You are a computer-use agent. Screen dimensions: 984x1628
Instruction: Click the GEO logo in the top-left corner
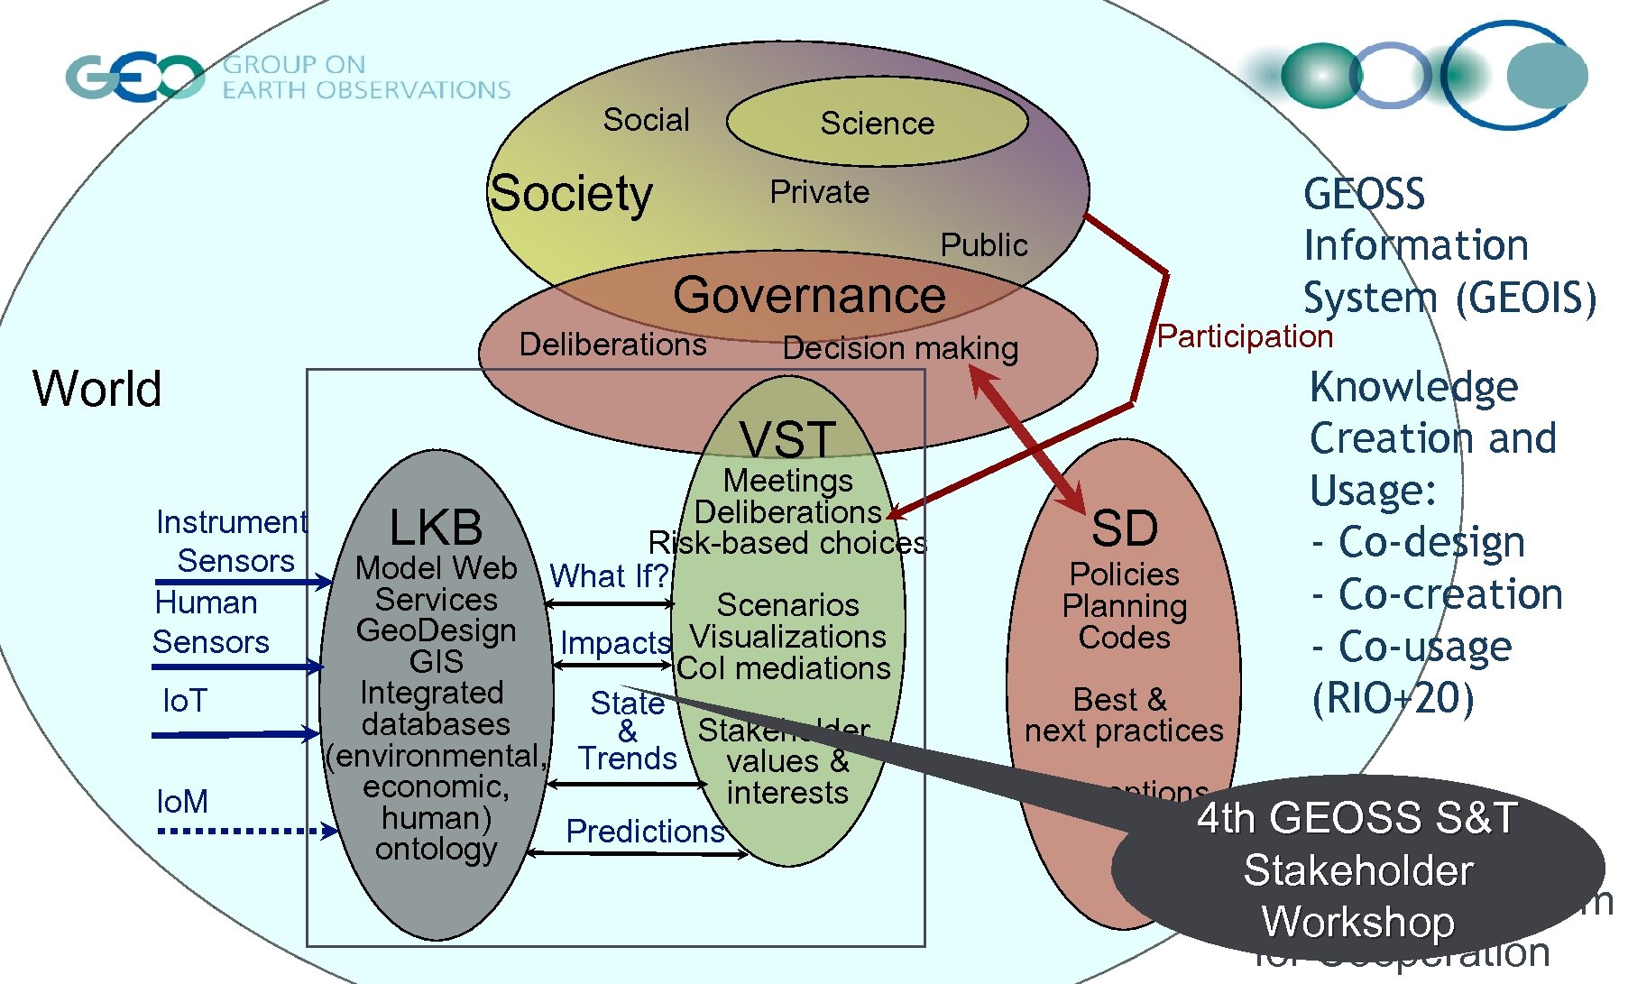(135, 77)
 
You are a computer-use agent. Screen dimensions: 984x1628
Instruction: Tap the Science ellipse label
(877, 123)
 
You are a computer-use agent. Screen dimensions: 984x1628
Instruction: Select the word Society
(571, 193)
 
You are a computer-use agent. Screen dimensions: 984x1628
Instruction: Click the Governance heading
(809, 295)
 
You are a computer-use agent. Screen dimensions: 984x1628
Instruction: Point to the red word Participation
(1245, 336)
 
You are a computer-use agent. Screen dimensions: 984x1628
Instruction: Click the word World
(97, 389)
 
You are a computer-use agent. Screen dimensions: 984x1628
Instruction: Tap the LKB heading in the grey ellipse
(436, 526)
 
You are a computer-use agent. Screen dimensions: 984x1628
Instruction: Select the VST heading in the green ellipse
(787, 440)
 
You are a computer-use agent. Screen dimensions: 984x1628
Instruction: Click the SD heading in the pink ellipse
(1124, 528)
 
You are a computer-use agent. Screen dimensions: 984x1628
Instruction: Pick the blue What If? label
(609, 575)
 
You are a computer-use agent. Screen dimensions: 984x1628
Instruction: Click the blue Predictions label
(645, 831)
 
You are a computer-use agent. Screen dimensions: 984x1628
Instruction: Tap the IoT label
(185, 701)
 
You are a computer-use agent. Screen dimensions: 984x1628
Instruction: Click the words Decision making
(900, 348)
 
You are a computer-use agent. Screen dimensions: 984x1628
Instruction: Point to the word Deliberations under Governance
(612, 344)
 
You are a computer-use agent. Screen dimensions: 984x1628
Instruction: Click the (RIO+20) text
(1393, 698)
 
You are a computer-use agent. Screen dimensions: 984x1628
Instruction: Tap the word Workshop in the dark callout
(1357, 922)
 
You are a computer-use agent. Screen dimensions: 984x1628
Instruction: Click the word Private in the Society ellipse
(819, 192)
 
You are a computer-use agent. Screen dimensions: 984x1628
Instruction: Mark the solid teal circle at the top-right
(1547, 76)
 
